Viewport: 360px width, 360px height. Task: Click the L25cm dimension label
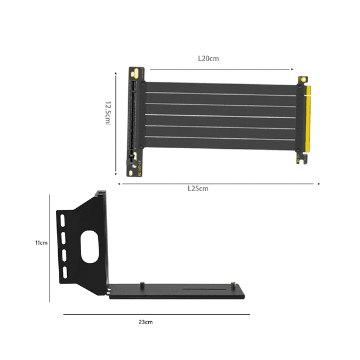(x=198, y=189)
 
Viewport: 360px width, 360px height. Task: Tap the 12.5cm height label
(x=108, y=112)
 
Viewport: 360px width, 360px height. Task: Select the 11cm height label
(x=41, y=242)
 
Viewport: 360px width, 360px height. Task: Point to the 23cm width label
(x=145, y=322)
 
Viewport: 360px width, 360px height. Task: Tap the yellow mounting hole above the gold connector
(x=303, y=79)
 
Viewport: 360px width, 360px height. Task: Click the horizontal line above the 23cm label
(x=156, y=314)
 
